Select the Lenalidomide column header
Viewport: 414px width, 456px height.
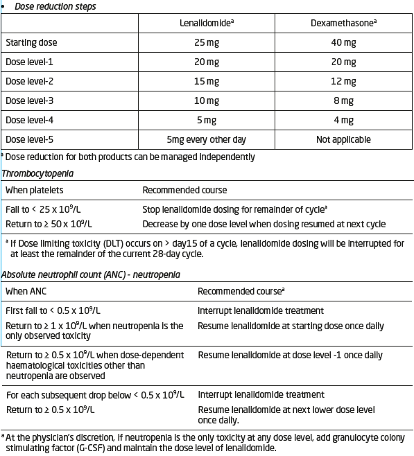click(x=206, y=23)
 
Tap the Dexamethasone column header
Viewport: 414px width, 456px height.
click(x=344, y=23)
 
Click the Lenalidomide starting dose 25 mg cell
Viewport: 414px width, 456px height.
click(x=206, y=42)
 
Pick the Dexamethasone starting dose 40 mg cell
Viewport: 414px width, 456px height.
click(x=344, y=42)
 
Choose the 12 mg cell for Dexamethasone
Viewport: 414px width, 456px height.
click(x=344, y=81)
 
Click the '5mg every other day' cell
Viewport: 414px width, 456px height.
click(x=206, y=139)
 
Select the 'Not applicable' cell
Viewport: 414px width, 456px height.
click(x=344, y=139)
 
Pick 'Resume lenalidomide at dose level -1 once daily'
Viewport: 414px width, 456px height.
click(x=290, y=356)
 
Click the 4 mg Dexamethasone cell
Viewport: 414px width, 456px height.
click(x=344, y=120)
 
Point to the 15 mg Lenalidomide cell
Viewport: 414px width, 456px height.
click(x=206, y=81)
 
